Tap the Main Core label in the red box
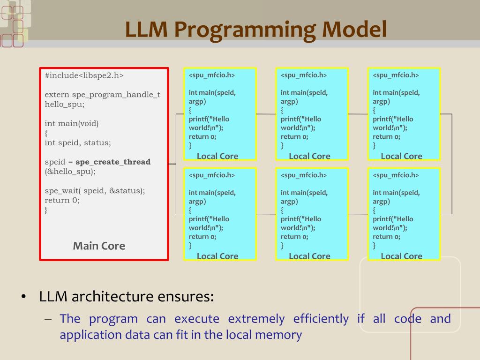point(99,246)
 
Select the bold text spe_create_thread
point(113,162)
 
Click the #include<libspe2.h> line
point(84,75)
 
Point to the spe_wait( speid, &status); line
point(95,191)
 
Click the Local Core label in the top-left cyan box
point(217,156)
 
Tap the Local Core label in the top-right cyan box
point(402,156)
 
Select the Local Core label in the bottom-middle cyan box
point(309,256)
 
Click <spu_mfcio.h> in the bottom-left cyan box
point(212,175)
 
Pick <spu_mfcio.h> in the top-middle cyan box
point(304,75)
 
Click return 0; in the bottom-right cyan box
point(387,237)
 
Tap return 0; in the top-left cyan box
point(202,137)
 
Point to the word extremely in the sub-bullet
point(256,319)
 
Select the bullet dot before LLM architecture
point(23,297)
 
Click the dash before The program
point(48,320)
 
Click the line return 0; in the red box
point(62,200)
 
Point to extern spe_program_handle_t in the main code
point(102,95)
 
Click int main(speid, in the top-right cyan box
point(396,92)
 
